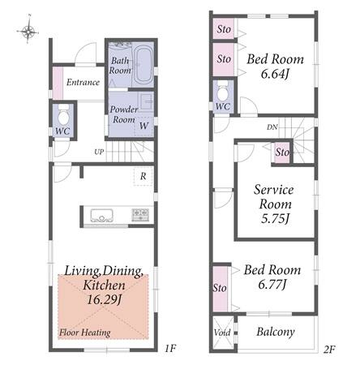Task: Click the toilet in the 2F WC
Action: tap(223, 91)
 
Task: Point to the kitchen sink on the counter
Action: tap(101, 215)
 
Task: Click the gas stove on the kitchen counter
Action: tap(140, 215)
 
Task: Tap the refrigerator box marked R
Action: tap(143, 177)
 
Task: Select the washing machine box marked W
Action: tap(144, 126)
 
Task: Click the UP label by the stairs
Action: tap(99, 152)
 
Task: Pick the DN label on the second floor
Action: tap(272, 127)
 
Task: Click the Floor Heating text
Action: tap(85, 333)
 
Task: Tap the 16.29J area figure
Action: tap(104, 299)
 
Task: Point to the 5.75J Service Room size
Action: tap(275, 218)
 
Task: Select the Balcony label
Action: tap(276, 332)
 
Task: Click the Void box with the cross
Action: tap(222, 333)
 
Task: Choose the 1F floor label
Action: tap(170, 348)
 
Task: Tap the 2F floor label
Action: tap(329, 350)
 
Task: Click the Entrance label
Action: tap(83, 82)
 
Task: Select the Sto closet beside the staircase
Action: tap(282, 152)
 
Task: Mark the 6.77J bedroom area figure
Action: tap(272, 285)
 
